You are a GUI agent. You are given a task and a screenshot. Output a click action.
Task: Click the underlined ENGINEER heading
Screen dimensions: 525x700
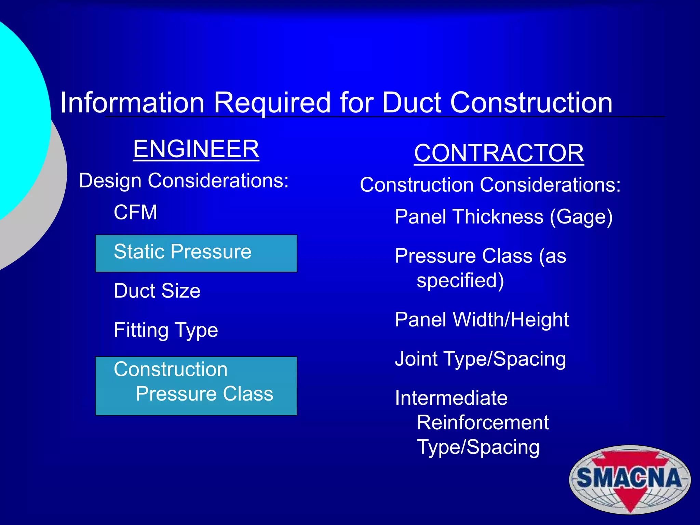click(x=196, y=149)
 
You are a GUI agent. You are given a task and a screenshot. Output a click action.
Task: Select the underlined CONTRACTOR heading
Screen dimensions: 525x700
click(x=499, y=153)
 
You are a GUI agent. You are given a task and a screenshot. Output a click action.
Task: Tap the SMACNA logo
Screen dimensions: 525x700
click(x=630, y=479)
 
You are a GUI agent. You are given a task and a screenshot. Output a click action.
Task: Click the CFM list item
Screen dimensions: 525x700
click(x=135, y=212)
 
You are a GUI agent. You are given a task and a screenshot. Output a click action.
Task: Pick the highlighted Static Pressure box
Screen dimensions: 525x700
click(x=196, y=253)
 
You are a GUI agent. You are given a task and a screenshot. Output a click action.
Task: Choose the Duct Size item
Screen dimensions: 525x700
click(x=157, y=291)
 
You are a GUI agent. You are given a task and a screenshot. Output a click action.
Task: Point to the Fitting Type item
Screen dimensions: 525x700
click(x=166, y=330)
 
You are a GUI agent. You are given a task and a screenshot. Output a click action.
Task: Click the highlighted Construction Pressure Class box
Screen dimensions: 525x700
click(x=196, y=386)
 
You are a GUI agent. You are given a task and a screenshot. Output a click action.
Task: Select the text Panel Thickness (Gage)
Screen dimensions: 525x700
click(x=503, y=217)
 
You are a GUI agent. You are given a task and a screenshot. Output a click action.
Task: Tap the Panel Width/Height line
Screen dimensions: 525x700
click(x=482, y=320)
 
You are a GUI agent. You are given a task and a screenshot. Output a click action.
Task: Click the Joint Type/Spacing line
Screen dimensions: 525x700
click(x=480, y=359)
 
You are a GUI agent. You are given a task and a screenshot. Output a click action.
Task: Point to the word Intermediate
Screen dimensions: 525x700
click(x=451, y=398)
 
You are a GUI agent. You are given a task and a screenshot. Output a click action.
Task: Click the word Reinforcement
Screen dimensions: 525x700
click(x=483, y=422)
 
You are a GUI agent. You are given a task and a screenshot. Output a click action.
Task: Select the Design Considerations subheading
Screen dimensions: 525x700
click(x=184, y=180)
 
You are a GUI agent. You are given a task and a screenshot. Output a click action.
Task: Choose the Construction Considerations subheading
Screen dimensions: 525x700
click(x=490, y=185)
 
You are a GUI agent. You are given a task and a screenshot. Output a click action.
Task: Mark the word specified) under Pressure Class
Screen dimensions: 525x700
click(x=460, y=281)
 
